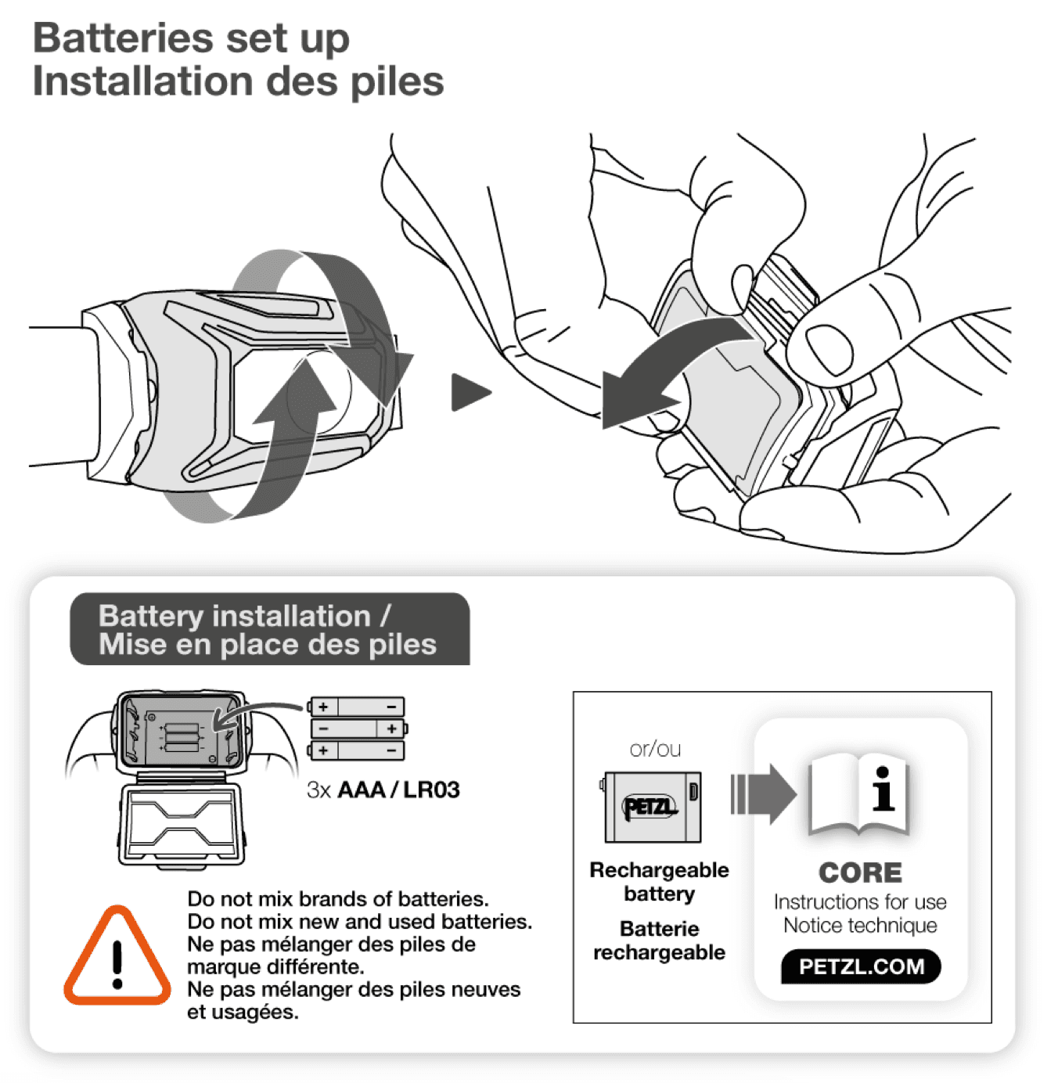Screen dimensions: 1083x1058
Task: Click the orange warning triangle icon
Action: point(117,959)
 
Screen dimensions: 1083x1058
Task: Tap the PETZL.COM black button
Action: point(861,966)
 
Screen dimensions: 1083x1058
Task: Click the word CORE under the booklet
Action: point(860,873)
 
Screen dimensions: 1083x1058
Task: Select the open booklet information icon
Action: point(858,793)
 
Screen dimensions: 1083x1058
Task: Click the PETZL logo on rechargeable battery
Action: point(649,807)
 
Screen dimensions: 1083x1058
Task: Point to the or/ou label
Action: point(655,750)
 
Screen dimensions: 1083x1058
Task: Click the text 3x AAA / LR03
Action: point(383,790)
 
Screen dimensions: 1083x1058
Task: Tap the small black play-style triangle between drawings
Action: point(469,392)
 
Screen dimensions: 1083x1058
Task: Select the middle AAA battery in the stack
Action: point(358,729)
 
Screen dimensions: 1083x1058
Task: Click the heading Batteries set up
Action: point(192,38)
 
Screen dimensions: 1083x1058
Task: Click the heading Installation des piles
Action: point(238,81)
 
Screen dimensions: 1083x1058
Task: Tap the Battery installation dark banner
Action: point(269,630)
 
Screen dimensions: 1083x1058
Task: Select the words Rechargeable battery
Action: point(659,882)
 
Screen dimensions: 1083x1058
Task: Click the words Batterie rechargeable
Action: point(659,941)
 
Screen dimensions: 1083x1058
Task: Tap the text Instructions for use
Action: point(860,902)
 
